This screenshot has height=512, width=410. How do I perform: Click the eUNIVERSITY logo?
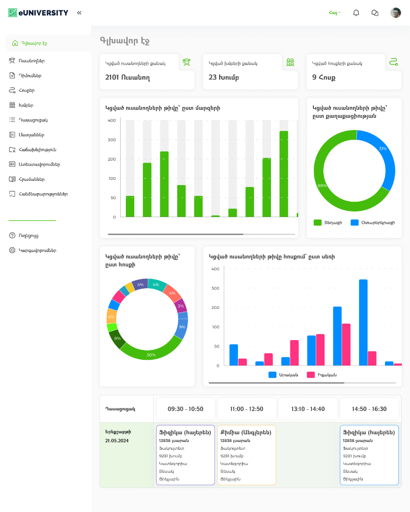pos(38,13)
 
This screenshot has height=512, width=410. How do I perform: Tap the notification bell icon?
pos(356,13)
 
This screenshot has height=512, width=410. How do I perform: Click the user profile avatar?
pos(395,13)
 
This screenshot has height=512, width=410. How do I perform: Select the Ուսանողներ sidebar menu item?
pos(32,61)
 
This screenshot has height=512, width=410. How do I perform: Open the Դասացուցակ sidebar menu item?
pos(33,120)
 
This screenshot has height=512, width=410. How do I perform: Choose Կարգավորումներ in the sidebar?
pos(37,251)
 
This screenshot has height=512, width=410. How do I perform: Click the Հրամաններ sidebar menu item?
pos(32,179)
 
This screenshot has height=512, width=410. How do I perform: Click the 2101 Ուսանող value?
pos(127,77)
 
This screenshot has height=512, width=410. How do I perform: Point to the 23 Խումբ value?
pos(224,77)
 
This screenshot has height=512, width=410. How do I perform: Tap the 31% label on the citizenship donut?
pos(383,149)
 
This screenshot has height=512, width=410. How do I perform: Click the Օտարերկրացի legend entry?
pos(377,222)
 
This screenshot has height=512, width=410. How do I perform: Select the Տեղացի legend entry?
pos(329,222)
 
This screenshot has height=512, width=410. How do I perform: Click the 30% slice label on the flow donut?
pos(151,355)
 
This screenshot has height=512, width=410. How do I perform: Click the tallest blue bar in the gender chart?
pos(363,322)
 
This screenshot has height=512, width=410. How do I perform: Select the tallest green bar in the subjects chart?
pos(284,174)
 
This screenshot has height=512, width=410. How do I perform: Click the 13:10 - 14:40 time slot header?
pos(308,409)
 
